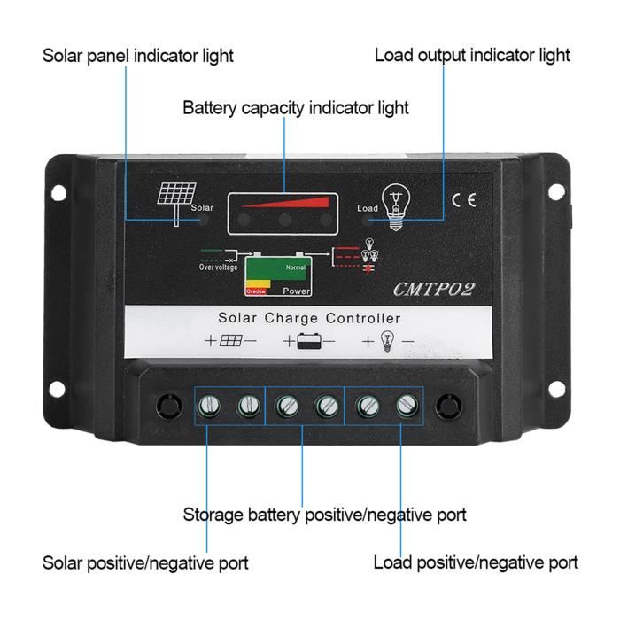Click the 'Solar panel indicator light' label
click(x=137, y=55)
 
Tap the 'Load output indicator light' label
click(x=472, y=55)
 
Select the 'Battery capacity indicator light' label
click(x=296, y=108)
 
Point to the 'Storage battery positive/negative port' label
click(x=324, y=514)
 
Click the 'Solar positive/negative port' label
click(x=145, y=562)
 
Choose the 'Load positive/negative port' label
click(x=476, y=562)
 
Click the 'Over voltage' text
click(x=218, y=267)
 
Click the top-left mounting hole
click(x=58, y=191)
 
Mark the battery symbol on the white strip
click(x=309, y=341)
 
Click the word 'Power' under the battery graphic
click(x=297, y=291)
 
